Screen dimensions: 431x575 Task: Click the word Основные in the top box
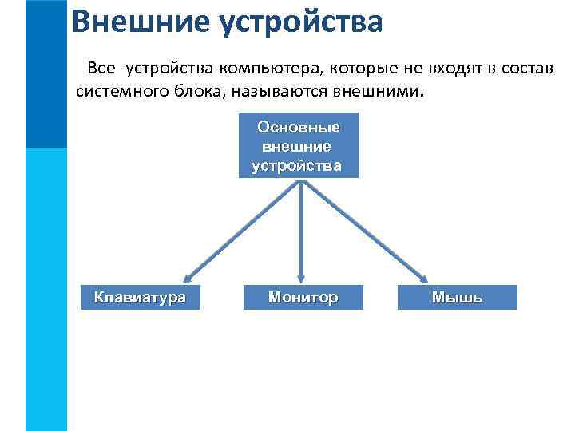coord(299,127)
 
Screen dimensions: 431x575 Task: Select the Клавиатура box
coord(140,298)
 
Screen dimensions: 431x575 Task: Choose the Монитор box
coord(303,298)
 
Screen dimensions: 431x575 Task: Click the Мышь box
coord(457,298)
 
